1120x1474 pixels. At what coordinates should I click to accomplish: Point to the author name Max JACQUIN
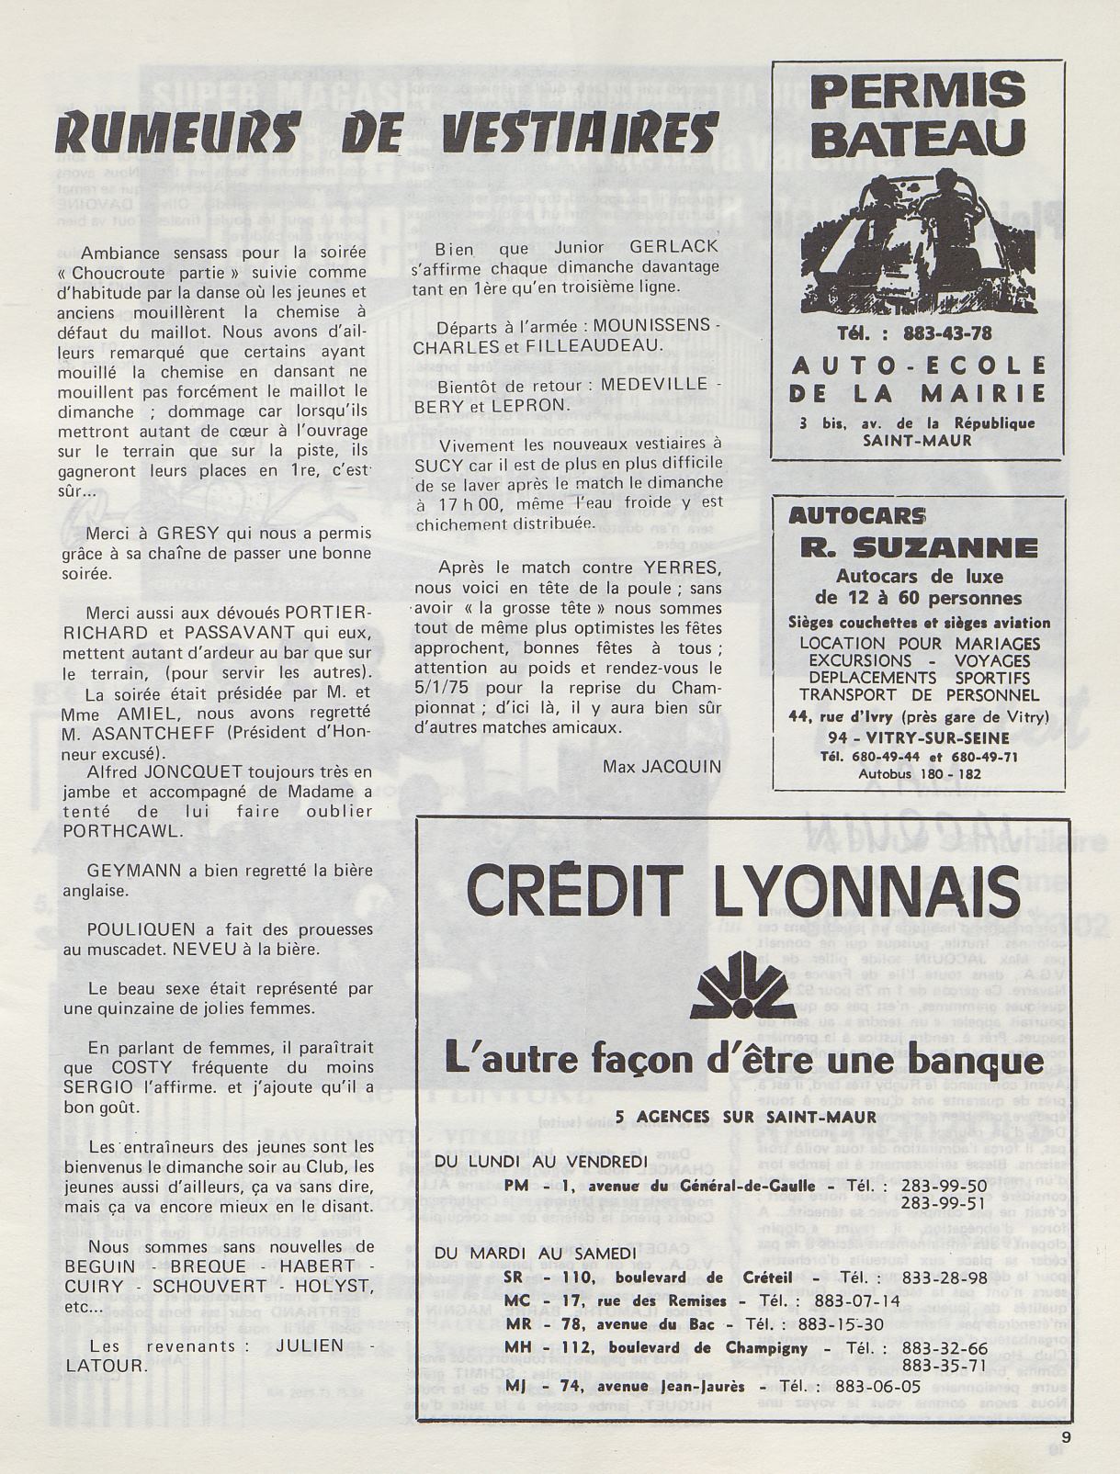(x=662, y=766)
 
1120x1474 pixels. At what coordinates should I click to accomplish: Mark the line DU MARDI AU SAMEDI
(x=536, y=1254)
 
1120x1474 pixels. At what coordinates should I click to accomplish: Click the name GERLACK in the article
(x=674, y=247)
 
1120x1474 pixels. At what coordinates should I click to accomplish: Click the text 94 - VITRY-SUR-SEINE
(x=918, y=737)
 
